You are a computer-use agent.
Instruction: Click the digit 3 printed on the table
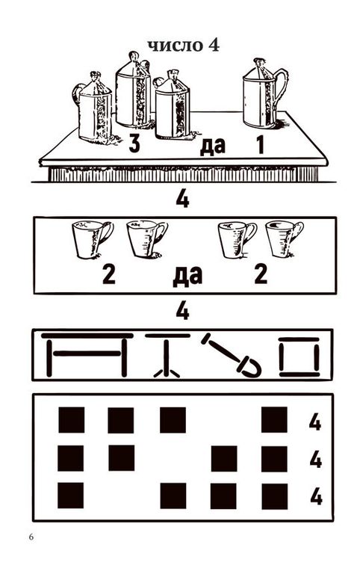coord(134,143)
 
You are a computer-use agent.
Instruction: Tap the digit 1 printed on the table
coord(260,144)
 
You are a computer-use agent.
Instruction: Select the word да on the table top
coord(212,146)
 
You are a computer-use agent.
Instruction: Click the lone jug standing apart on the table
coord(264,94)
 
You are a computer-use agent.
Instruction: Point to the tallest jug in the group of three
coord(133,90)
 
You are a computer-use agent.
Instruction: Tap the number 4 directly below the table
coord(182,200)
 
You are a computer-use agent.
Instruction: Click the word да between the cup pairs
coord(187,276)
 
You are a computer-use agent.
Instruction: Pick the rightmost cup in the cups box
coord(284,238)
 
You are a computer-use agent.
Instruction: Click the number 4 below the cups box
coord(182,312)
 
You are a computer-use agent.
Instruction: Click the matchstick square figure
coord(299,357)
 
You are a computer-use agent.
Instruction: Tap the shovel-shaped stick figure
coord(232,356)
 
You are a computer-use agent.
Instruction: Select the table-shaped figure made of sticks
coord(87,354)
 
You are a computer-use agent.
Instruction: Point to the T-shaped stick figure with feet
coord(167,354)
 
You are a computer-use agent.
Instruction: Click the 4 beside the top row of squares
coord(314,422)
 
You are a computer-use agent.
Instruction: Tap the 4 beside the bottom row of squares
coord(316,497)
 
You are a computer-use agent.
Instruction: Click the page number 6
coord(31,537)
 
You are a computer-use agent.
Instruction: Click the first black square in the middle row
coord(71,458)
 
